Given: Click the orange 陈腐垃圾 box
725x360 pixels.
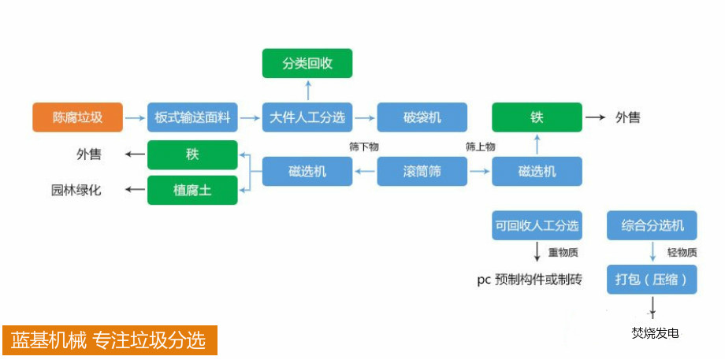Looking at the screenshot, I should pos(78,117).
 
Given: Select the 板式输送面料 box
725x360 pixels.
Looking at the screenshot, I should pos(192,117).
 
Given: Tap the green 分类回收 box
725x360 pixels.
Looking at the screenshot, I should pos(307,63).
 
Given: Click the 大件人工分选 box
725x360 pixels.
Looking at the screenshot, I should pos(307,117).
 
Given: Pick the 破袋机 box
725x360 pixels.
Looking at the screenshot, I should pos(422,117).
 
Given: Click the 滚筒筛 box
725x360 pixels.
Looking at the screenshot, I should pos(422,171).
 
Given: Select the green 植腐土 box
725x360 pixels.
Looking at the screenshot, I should pos(192,190).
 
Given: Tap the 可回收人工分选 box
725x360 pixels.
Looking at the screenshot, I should pos(537,226).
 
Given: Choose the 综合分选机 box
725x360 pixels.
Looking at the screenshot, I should pos(652,226).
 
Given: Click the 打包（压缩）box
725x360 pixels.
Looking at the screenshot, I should pos(652,280).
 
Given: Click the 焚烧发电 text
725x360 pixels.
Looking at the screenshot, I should pos(655,333).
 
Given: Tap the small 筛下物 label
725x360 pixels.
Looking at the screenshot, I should pos(364,147).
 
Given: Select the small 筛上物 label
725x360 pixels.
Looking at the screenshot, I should pos(480,147).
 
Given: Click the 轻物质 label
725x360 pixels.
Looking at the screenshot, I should pos(682,253).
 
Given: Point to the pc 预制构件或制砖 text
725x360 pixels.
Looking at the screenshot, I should pos(530,279).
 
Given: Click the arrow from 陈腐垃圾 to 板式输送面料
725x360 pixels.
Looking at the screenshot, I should pos(136,117).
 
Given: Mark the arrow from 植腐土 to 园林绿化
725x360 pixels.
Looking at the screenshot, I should pos(136,190).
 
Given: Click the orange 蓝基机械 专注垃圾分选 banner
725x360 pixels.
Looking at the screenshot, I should pos(109,340).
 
